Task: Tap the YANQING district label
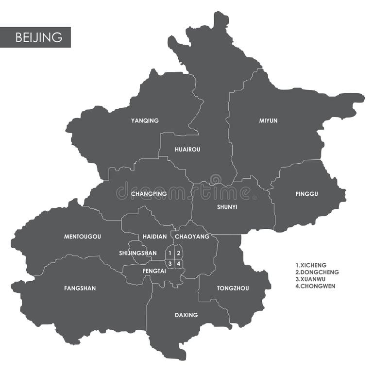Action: (145, 120)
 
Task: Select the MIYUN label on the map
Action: (268, 120)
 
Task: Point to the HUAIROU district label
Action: (187, 150)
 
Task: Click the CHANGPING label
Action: (149, 194)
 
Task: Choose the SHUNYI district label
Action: (227, 206)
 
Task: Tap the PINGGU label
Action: (306, 194)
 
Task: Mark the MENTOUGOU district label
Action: (83, 237)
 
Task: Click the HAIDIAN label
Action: (155, 237)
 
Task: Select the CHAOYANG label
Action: (192, 237)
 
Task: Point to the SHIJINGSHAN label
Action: (138, 253)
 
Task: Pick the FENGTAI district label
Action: (154, 271)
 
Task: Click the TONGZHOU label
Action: (233, 288)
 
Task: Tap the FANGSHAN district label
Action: (80, 288)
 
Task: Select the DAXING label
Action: (186, 315)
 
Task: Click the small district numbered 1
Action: (170, 253)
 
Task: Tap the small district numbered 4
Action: (179, 264)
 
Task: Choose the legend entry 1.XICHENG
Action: (311, 265)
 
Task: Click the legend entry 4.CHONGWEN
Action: (315, 286)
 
